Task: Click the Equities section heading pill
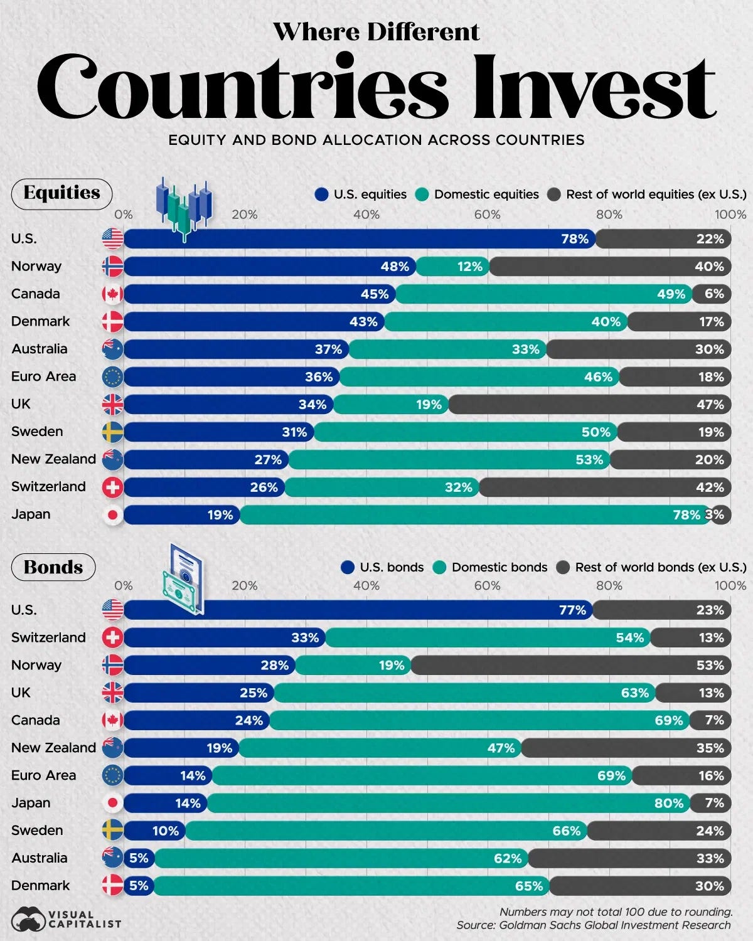tap(61, 193)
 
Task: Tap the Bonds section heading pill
tap(53, 567)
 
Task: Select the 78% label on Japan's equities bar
tap(686, 515)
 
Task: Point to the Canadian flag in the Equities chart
tap(113, 294)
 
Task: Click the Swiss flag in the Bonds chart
tap(113, 638)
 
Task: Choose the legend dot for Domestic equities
tap(422, 194)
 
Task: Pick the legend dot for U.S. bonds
tap(348, 567)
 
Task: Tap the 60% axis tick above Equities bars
tap(487, 215)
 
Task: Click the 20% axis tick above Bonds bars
tap(244, 586)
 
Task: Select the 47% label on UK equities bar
tap(710, 405)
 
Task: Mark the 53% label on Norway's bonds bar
tap(710, 666)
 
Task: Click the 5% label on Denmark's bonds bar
tap(139, 886)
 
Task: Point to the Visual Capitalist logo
tap(66, 919)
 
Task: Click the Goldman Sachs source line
tap(593, 925)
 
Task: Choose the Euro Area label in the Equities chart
tap(43, 377)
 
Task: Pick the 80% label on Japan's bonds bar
tap(668, 804)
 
